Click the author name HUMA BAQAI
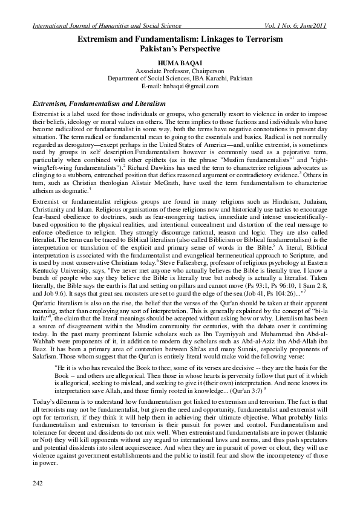180,62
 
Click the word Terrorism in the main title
262,39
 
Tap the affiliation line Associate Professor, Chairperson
180,71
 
